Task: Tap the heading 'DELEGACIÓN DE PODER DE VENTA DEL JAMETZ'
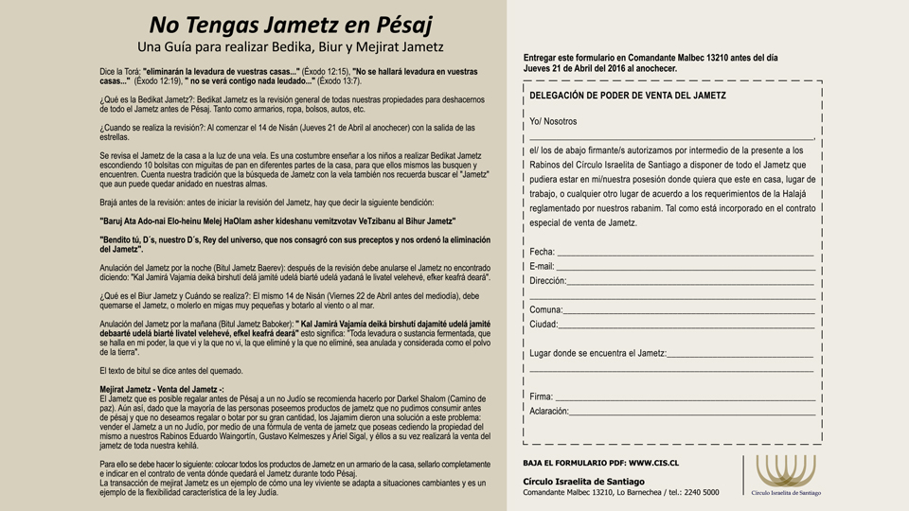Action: [628, 96]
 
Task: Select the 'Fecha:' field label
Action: [543, 252]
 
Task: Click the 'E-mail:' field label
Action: [543, 266]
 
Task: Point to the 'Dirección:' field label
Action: [547, 280]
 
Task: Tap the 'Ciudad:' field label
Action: [544, 324]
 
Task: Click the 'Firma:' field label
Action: [542, 396]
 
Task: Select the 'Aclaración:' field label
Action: [549, 411]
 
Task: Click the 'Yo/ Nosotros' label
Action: [553, 121]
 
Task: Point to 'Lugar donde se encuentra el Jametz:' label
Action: [597, 353]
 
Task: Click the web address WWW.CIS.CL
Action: [653, 463]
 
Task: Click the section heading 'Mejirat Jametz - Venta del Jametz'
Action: [161, 389]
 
